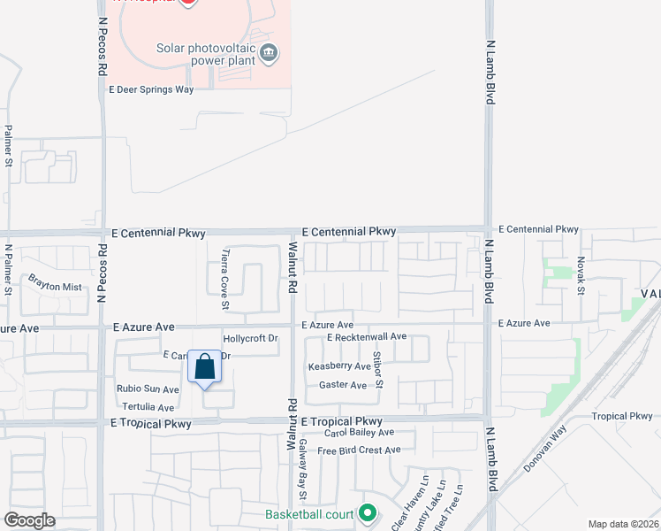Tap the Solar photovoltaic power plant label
pos(206,54)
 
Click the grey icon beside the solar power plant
pos(270,55)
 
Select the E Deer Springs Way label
pos(150,89)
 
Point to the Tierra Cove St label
pos(225,280)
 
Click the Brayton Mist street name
pos(55,286)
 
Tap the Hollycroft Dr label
pos(251,338)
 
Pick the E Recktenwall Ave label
pos(366,337)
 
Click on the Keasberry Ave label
pos(339,366)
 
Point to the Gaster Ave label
pos(343,385)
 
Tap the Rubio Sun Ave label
pos(148,389)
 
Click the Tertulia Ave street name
pos(146,407)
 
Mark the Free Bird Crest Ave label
pos(359,450)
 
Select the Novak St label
pos(581,275)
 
